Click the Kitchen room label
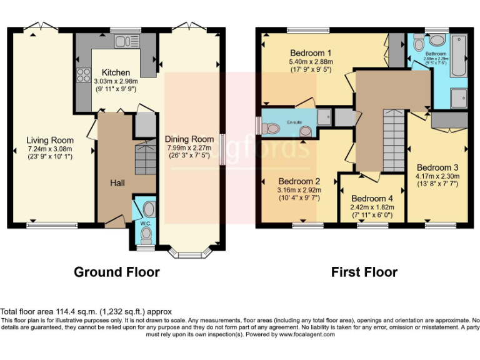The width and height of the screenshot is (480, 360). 116,72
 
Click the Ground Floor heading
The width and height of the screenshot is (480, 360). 116,272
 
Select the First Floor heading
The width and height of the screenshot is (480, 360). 364,272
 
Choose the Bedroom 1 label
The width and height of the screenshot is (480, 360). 311,52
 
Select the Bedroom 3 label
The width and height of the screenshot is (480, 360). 437,167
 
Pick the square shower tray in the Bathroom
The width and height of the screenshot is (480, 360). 459,96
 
